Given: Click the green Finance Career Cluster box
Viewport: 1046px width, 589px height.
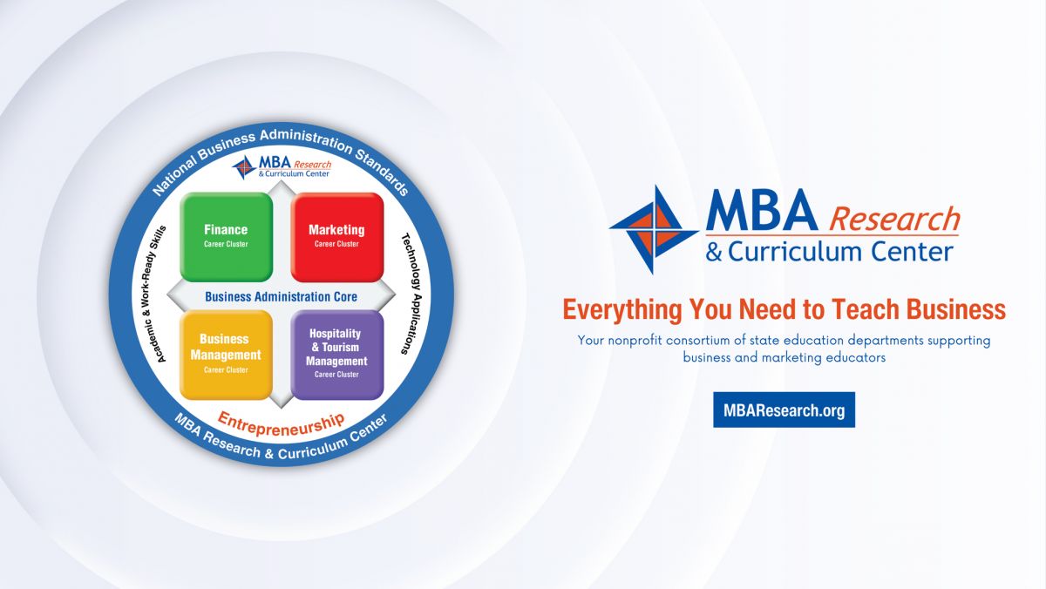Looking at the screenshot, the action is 226,237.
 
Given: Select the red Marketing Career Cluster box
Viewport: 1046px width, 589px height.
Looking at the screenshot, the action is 337,237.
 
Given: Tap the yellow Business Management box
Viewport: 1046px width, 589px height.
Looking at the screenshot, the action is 226,355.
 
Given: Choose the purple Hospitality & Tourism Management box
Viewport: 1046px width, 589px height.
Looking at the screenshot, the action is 337,355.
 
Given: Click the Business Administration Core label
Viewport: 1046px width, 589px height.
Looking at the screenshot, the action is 281,296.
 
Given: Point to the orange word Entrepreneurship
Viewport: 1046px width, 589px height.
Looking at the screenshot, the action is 281,424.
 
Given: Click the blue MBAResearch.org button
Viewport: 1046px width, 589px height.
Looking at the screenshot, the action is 784,410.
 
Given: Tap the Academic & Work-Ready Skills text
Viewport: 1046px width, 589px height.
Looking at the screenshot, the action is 154,294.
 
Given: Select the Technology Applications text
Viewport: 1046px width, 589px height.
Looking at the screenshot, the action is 411,294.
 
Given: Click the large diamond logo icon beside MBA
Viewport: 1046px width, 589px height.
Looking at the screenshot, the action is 654,230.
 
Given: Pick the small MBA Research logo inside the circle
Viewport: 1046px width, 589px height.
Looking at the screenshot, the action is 282,167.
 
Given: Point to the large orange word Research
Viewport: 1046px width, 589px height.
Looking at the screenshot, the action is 893,219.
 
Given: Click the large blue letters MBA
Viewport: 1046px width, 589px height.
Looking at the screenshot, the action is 762,210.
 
